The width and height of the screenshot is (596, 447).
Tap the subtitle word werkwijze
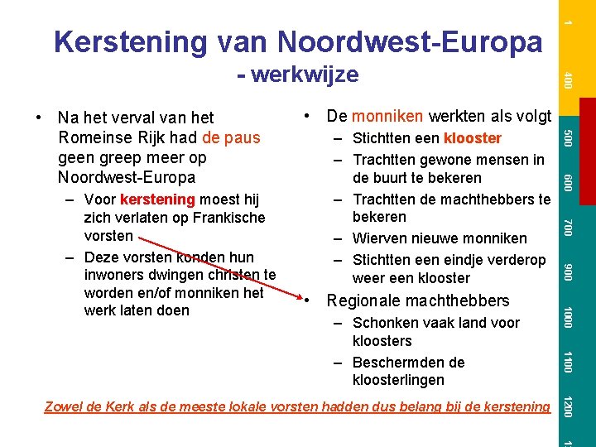(305, 74)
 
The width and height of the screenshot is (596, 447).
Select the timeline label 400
(567, 81)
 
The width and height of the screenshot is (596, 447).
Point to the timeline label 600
(567, 180)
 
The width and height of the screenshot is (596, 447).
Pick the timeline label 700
(567, 225)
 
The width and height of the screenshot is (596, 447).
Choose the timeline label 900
(567, 271)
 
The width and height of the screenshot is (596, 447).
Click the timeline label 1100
(567, 362)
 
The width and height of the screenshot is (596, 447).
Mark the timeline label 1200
(567, 406)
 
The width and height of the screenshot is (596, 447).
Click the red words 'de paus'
(231, 137)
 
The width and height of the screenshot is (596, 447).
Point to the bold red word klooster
(472, 138)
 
